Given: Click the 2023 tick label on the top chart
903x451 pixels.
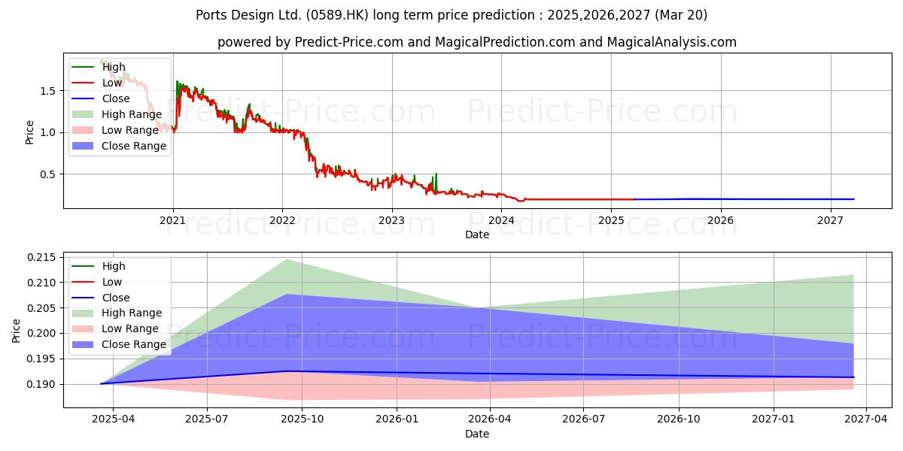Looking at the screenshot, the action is point(391,221).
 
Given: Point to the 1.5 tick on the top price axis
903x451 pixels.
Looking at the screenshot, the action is point(47,91).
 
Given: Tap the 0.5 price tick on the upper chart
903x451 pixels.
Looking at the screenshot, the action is point(47,174).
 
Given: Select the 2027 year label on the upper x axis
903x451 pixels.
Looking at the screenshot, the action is point(830,221).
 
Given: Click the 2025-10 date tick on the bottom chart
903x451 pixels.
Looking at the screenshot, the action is point(302,419).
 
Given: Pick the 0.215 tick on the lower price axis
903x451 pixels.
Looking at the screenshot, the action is point(42,257).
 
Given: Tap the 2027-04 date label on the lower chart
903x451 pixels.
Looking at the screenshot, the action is point(866,419).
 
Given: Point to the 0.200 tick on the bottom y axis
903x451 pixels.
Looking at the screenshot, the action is point(42,334).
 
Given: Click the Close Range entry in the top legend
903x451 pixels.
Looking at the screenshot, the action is point(119,146).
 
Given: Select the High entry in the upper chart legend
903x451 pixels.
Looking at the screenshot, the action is point(99,67).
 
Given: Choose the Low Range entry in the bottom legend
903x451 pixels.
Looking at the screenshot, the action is point(115,328).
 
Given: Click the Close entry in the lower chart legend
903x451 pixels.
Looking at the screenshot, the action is point(101,298).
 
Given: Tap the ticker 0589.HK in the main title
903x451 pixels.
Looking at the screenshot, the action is point(337,15).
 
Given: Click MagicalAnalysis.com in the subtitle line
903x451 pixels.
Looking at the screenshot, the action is point(671,42).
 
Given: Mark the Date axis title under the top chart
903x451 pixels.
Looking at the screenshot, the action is point(477,235).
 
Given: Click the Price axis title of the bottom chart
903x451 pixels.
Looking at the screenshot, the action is point(16,331).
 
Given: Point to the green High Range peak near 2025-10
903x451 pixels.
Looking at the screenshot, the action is point(287,260).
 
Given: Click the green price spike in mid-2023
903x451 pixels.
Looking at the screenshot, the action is point(436,182).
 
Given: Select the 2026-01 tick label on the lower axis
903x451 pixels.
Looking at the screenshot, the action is point(397,419).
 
